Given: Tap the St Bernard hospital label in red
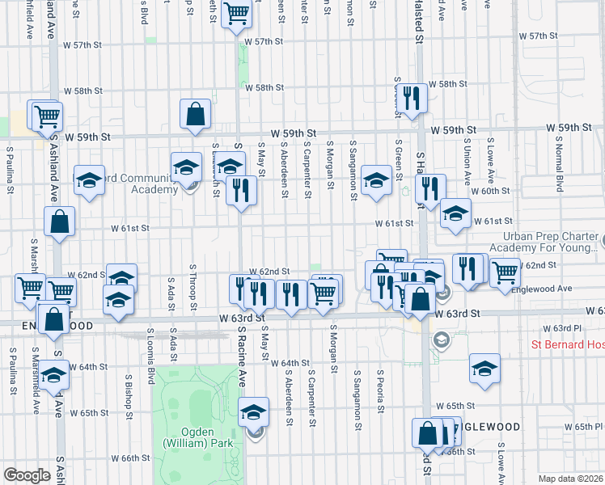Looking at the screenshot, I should tap(567, 345).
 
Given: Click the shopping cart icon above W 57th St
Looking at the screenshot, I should tap(236, 14).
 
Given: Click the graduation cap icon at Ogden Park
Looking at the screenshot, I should tap(254, 414).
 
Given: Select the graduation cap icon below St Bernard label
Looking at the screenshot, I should tap(484, 369).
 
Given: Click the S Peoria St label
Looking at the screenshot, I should tap(379, 390).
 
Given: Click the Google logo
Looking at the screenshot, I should tap(27, 475).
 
